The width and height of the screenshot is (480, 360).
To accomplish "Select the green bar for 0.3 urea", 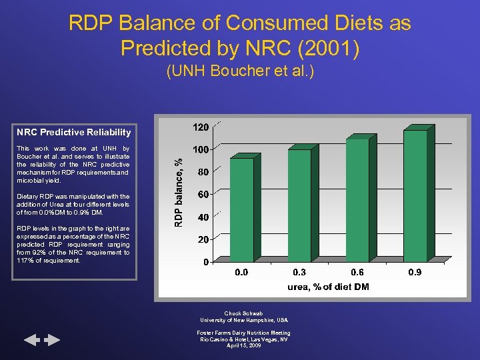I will tap(299, 205).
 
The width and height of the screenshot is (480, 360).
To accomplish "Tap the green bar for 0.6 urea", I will tap(357, 199).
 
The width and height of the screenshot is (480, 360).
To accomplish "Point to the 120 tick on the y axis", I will tap(201, 127).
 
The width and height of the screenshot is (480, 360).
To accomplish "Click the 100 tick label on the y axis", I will tap(201, 149).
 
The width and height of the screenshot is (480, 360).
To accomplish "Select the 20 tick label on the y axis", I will tap(203, 239).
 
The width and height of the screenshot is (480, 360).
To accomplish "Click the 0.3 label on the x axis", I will tap(300, 273).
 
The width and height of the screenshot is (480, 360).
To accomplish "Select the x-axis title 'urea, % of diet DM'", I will tap(328, 287).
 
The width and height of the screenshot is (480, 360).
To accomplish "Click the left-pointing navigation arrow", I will tap(33, 341).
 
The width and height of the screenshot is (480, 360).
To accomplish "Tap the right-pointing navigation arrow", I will tap(52, 341).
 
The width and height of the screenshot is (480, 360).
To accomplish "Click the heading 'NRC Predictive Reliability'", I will tap(74, 132).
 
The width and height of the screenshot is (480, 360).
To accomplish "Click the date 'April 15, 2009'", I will tap(243, 345).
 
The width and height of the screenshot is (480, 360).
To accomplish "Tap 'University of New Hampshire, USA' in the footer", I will tap(243, 320).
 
